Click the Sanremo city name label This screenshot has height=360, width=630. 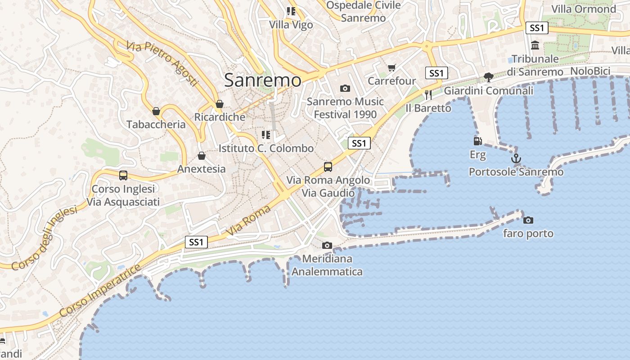263,80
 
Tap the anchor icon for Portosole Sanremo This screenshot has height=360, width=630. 516,158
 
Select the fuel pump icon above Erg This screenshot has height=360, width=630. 477,141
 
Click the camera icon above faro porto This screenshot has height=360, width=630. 528,220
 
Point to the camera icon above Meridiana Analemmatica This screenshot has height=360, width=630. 327,245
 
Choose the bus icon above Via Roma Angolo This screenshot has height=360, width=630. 328,167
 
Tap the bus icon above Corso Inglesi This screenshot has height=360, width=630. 123,175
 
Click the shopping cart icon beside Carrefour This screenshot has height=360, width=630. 391,68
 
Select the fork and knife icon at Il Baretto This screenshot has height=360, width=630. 428,94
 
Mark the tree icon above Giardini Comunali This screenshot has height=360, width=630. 488,77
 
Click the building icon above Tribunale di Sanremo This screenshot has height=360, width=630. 535,45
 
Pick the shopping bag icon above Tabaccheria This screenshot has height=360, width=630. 156,111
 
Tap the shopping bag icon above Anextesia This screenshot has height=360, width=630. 201,156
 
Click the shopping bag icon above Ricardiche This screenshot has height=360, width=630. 220,104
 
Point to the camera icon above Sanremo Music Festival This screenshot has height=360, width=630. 345,88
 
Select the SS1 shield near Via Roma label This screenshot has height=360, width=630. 196,242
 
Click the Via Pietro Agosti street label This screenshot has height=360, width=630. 162,63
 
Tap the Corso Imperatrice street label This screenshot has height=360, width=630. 100,291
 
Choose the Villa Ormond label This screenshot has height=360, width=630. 584,9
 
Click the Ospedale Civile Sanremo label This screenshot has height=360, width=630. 363,12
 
